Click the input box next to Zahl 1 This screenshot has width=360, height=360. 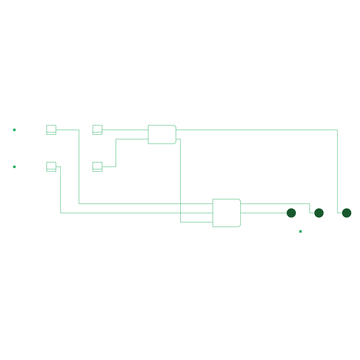[x=51, y=130]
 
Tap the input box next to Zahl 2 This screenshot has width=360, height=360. [x=51, y=167]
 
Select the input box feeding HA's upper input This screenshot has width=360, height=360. [x=97, y=130]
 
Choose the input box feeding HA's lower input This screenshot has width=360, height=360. [x=97, y=167]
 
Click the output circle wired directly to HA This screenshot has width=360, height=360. [x=347, y=213]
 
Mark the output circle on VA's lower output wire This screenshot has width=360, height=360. [x=291, y=213]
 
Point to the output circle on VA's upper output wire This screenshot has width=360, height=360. [x=319, y=213]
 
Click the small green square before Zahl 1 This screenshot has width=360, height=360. [x=14, y=130]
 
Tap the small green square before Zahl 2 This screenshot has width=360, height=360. [x=14, y=167]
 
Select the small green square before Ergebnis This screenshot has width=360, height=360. [x=301, y=231]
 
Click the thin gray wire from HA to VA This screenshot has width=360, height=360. [x=181, y=176]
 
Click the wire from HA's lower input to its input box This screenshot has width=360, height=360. [x=116, y=151]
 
